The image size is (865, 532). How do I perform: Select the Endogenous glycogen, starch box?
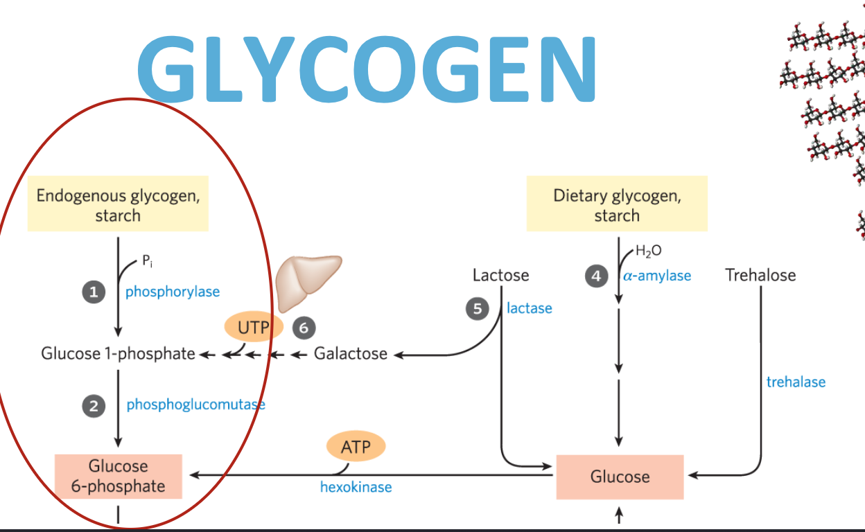click(118, 205)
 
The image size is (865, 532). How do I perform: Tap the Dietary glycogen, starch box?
click(617, 205)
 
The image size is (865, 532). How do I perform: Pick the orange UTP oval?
click(254, 327)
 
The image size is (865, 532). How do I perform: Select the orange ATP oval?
click(356, 447)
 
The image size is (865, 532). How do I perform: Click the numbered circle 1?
click(94, 293)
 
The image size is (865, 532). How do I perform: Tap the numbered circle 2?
click(94, 406)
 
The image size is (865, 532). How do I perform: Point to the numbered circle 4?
click(595, 276)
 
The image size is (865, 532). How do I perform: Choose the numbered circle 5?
click(477, 309)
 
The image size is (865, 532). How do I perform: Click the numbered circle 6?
click(304, 327)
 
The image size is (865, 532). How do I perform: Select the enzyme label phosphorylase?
click(173, 292)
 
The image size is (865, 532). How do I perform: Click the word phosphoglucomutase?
click(195, 405)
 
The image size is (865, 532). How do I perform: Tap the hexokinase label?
click(356, 487)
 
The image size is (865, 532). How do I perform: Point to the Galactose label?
click(351, 354)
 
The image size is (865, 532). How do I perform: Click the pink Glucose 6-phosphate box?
click(119, 477)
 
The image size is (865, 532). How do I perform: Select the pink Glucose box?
click(620, 477)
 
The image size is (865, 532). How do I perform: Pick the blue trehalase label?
click(796, 382)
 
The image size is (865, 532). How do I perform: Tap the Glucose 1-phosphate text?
click(118, 354)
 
